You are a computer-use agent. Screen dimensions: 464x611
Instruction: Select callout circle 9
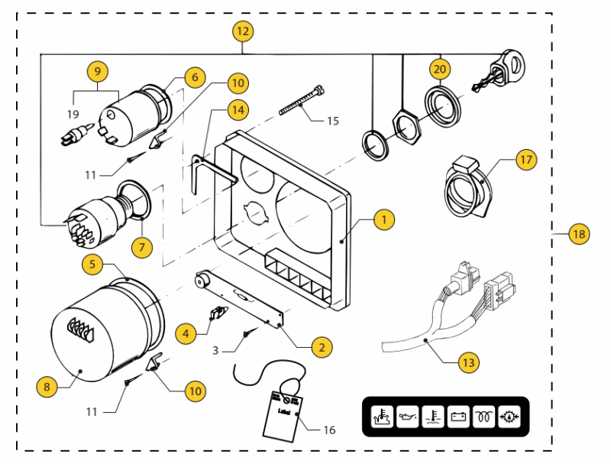[97, 72]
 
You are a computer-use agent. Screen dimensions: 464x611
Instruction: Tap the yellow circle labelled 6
[195, 77]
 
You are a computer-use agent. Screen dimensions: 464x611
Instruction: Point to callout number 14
[238, 109]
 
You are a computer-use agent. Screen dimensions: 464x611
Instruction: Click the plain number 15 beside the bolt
[332, 121]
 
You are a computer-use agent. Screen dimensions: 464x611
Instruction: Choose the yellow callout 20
[438, 69]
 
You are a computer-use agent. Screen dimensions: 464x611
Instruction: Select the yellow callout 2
[322, 346]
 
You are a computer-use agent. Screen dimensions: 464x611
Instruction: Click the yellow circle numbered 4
[185, 333]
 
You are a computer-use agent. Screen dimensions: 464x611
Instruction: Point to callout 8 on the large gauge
[47, 387]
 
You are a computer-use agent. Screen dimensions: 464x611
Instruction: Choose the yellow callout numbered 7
[141, 247]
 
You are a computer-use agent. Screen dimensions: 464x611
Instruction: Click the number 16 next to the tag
[329, 430]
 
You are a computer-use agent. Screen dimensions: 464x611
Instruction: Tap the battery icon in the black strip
[458, 417]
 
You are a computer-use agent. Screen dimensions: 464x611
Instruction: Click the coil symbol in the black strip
[483, 417]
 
